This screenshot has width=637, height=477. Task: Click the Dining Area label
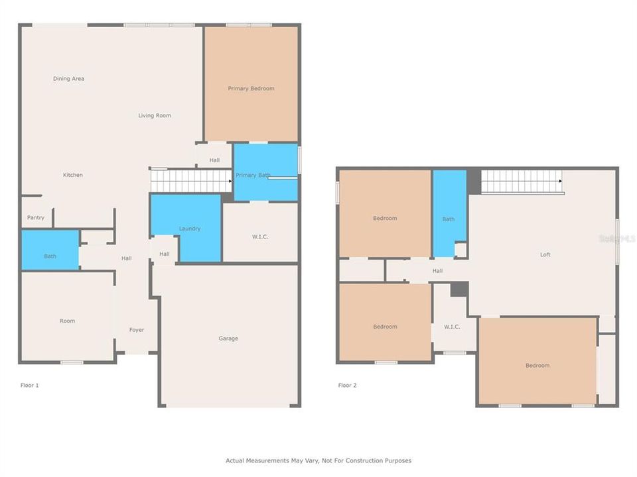click(x=68, y=79)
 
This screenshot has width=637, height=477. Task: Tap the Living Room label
click(x=155, y=115)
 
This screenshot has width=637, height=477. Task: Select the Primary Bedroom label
click(x=251, y=88)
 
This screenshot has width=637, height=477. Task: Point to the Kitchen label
click(x=73, y=175)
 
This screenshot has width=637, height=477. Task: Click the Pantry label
click(x=36, y=218)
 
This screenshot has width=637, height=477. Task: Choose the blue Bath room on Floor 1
click(x=50, y=250)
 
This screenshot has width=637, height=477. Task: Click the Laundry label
click(x=189, y=229)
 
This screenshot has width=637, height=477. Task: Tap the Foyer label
click(x=137, y=330)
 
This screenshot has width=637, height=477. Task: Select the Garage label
click(x=228, y=339)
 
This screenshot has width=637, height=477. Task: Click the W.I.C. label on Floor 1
click(x=260, y=237)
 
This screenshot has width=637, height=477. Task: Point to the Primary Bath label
click(x=253, y=176)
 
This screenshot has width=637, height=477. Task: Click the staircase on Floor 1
click(x=191, y=180)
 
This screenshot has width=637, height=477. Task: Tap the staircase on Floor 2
click(x=522, y=182)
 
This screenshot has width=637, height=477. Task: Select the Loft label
click(x=545, y=254)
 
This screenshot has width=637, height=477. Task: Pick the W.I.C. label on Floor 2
click(x=452, y=327)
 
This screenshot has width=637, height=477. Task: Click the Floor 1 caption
click(x=30, y=385)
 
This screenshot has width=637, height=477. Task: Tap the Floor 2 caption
click(x=347, y=385)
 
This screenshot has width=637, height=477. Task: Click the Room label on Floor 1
click(x=67, y=321)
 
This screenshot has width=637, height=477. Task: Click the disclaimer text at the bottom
click(x=318, y=460)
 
